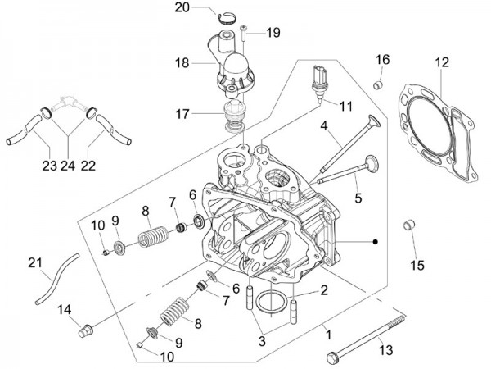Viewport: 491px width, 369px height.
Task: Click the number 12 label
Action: point(442,61)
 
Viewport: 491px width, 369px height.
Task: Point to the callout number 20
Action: point(182,8)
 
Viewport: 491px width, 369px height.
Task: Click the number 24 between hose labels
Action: point(68,166)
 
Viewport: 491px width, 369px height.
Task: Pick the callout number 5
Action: point(335,198)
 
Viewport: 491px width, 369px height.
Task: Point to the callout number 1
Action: point(329,334)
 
